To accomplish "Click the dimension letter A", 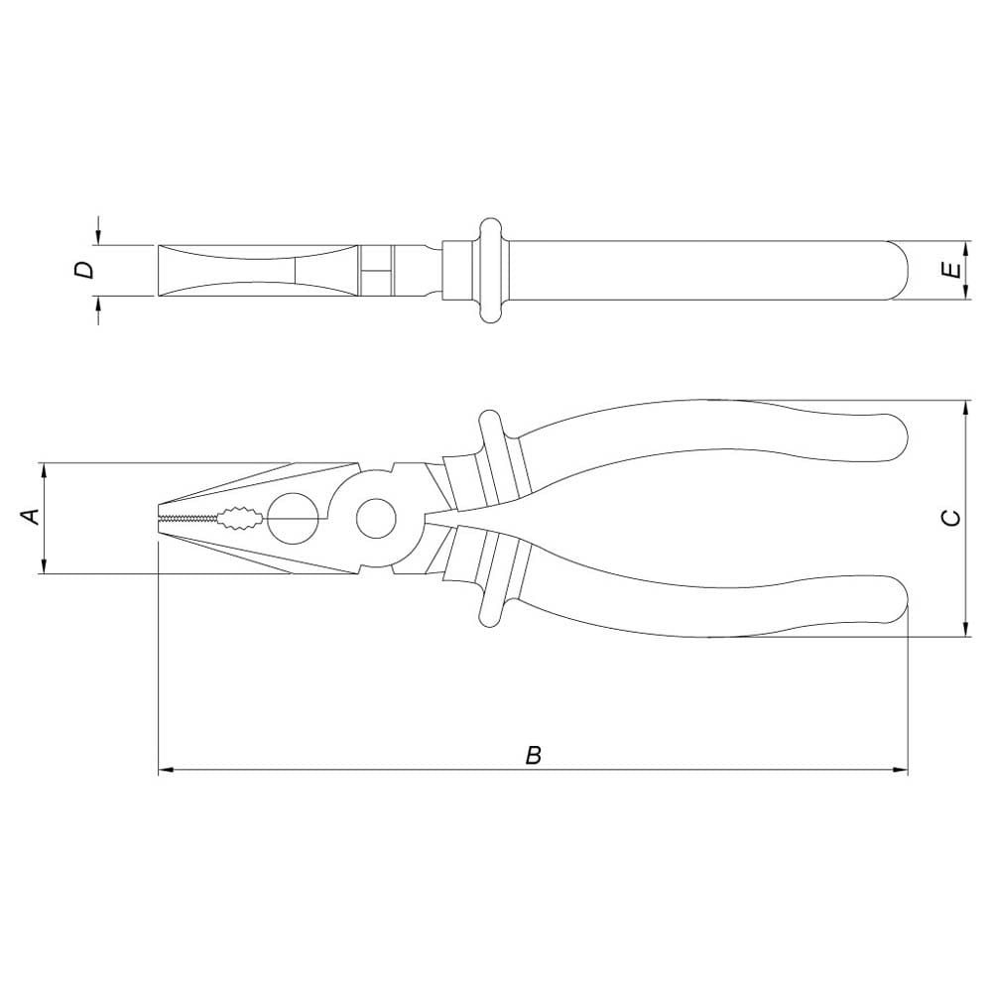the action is tap(31, 516).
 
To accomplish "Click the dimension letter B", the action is tap(534, 755).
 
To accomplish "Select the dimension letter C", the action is tap(950, 518).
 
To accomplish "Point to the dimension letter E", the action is tap(950, 270).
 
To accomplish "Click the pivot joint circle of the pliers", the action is tap(376, 518).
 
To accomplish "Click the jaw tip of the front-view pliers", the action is tap(159, 519).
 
